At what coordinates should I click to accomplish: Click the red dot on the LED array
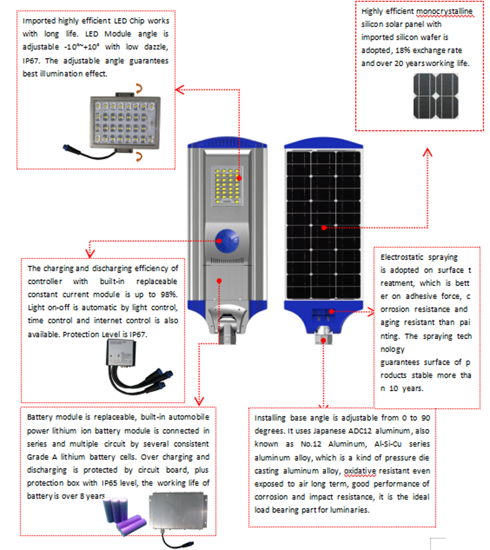coord(239,178)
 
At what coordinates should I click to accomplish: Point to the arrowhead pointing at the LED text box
coord(179,90)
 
